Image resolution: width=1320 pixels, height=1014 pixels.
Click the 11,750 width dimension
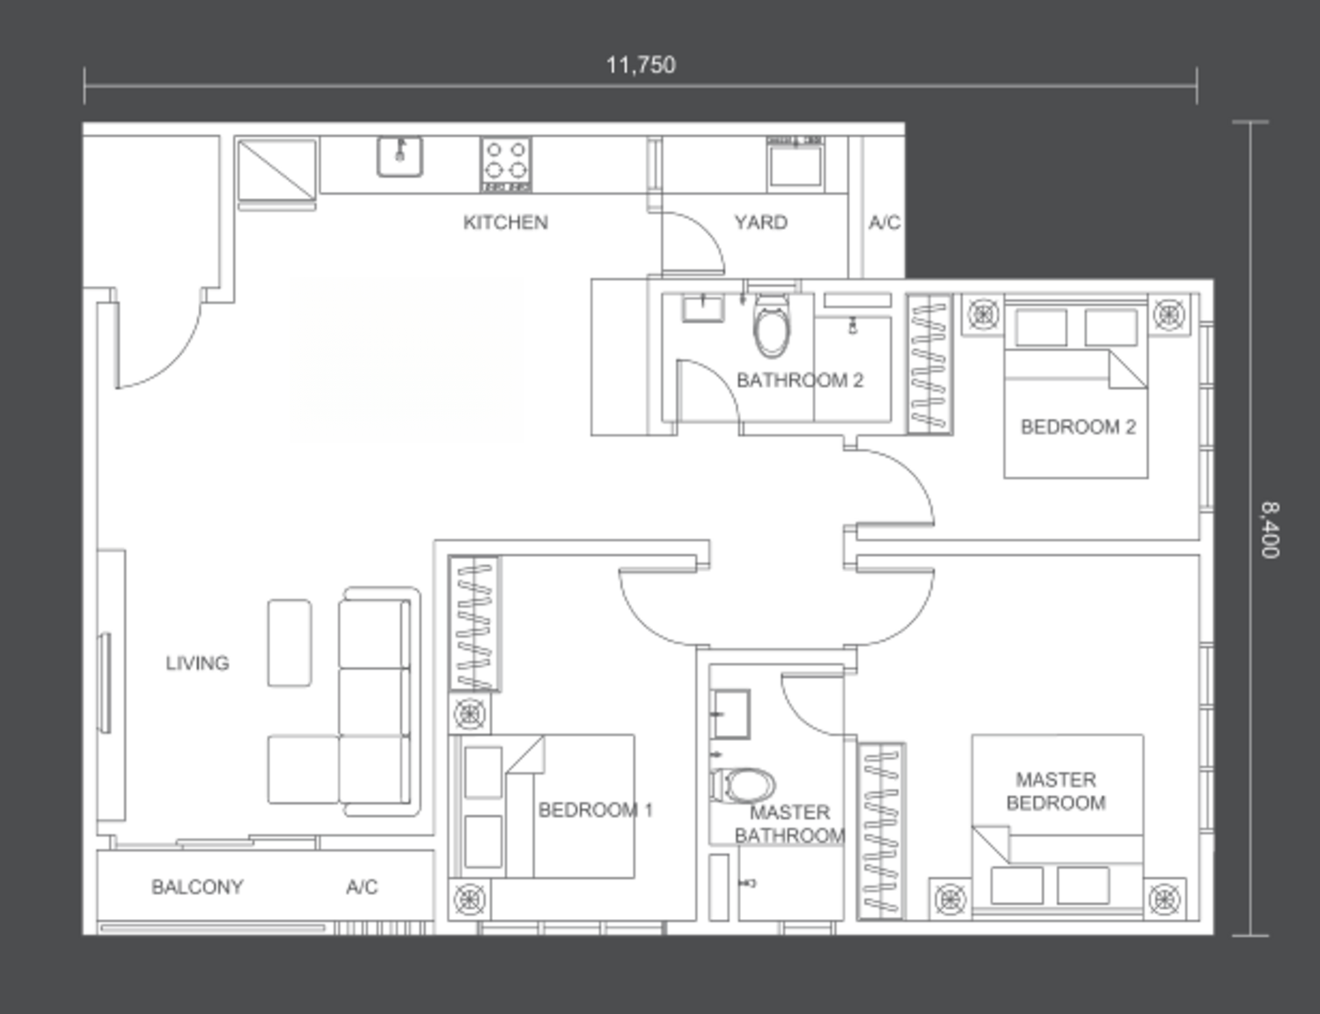tap(641, 65)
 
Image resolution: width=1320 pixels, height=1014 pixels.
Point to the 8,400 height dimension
tap(1270, 530)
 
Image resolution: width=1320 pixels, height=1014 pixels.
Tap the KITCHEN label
tap(505, 223)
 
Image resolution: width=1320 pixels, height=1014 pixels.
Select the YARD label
tap(761, 223)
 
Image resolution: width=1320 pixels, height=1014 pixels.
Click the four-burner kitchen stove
tap(506, 165)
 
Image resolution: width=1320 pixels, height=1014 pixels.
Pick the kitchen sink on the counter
tap(400, 157)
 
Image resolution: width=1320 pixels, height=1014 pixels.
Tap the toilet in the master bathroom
tap(742, 785)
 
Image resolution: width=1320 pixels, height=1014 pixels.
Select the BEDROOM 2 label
tap(1078, 427)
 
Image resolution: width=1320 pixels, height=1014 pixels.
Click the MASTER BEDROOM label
tap(1056, 791)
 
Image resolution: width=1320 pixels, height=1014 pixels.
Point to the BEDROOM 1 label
tap(595, 810)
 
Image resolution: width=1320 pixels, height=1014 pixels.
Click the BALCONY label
tap(197, 887)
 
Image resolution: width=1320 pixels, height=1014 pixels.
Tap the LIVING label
tap(197, 663)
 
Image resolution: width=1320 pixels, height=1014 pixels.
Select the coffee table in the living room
tap(290, 643)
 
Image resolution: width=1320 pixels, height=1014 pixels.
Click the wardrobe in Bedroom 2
tap(930, 364)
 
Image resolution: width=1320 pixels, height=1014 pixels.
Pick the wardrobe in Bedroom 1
tap(473, 623)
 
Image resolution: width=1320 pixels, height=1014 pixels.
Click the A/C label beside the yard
tap(884, 223)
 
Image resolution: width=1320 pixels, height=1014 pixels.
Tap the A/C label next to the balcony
tap(362, 887)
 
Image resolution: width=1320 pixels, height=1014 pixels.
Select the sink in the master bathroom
tap(731, 714)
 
